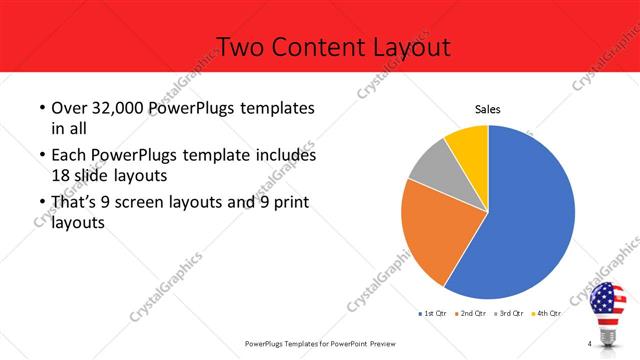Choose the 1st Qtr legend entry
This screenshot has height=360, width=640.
(433, 313)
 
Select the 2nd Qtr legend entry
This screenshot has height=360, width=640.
(472, 313)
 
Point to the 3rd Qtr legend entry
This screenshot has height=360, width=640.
(510, 313)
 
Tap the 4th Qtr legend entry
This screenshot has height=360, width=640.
(547, 313)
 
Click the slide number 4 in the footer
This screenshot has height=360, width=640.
(590, 344)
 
